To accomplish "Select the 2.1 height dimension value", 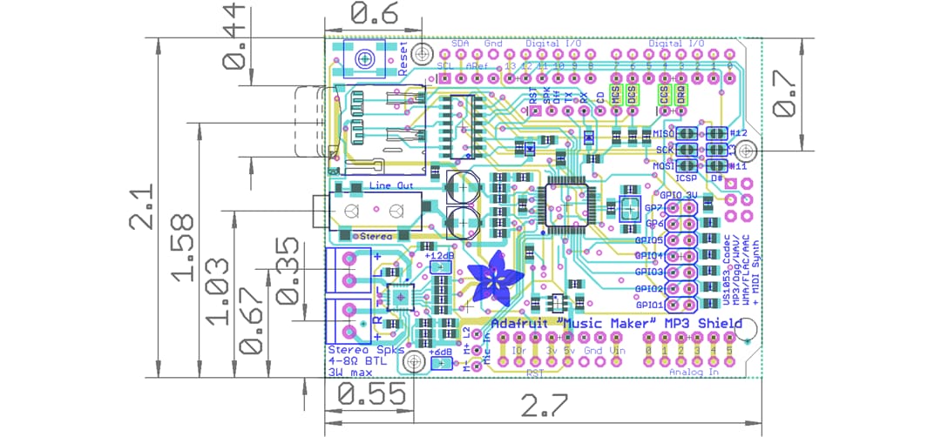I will tap(139, 206).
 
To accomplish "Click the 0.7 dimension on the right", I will tap(785, 94).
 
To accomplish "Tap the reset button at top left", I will tap(364, 58).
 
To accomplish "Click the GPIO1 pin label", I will tap(649, 306).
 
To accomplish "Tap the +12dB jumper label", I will tap(440, 256).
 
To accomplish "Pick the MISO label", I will tap(663, 133).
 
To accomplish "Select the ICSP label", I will tap(687, 178).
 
